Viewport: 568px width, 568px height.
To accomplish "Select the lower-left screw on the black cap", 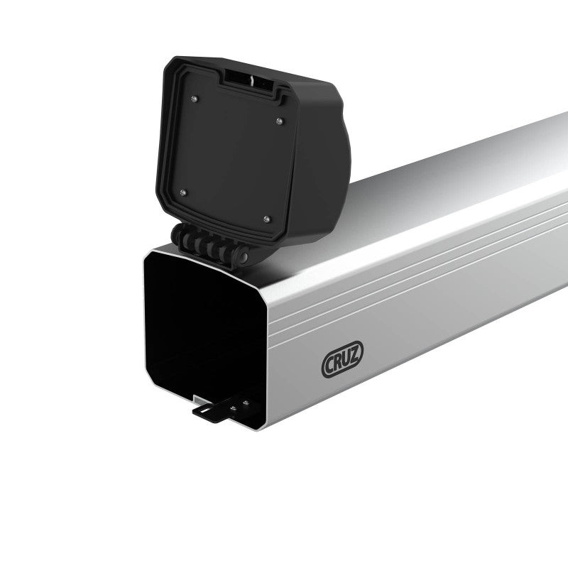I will point(183,191).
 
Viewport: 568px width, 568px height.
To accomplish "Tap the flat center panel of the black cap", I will point(227,153).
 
